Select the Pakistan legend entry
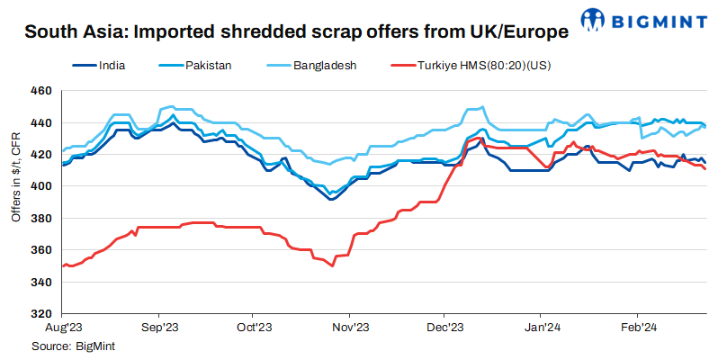(x=210, y=65)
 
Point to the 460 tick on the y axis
(x=41, y=91)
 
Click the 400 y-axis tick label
(x=41, y=186)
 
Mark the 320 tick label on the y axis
(x=41, y=314)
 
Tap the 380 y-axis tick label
(x=41, y=219)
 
